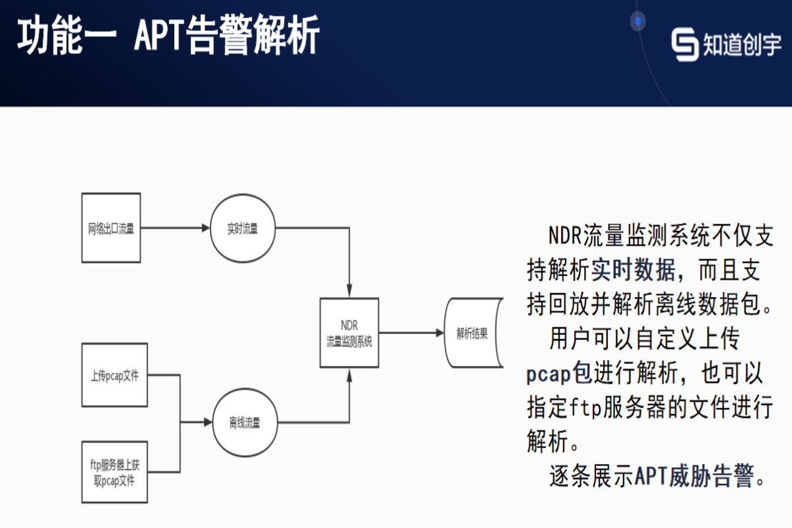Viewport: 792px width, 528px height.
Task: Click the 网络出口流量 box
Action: (111, 228)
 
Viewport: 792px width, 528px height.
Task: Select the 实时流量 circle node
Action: (242, 228)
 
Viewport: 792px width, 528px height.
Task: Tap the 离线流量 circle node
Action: (244, 422)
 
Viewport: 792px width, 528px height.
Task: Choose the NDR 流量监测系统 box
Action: (349, 333)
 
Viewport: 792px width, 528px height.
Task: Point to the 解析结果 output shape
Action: (473, 333)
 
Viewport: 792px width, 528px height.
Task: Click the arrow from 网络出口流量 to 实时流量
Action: (175, 228)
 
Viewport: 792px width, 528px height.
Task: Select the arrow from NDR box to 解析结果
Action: (412, 333)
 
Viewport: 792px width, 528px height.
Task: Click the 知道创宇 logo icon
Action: (685, 44)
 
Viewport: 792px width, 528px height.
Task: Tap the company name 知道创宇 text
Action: (742, 44)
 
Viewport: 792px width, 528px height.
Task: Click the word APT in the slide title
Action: (158, 36)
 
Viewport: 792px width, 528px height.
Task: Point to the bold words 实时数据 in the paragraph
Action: (633, 269)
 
